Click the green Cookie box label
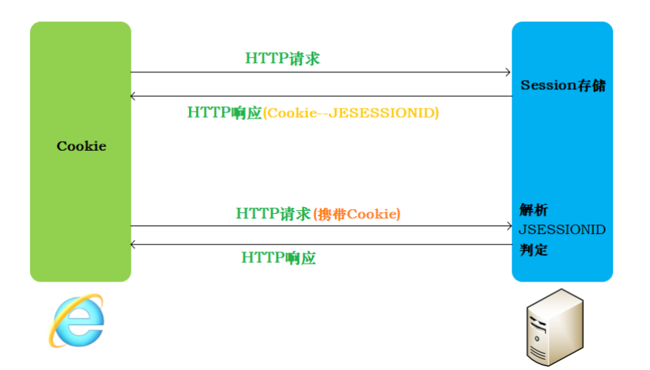point(81,146)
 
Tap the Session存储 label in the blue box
point(562,85)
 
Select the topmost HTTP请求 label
point(282,58)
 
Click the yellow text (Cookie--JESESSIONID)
point(351,112)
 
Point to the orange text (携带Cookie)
point(357,214)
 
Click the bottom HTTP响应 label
point(279,258)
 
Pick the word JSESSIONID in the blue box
point(562,229)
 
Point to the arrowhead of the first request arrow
point(508,72)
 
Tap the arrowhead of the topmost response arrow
point(134,96)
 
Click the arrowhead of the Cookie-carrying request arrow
point(508,226)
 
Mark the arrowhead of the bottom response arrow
point(134,245)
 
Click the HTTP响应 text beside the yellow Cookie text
point(224,112)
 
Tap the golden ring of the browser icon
point(58,331)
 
